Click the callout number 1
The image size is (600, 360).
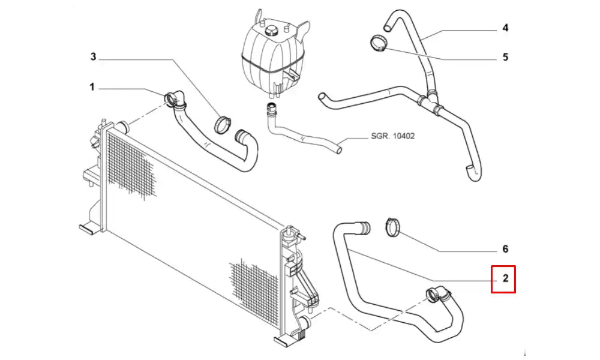click(x=92, y=88)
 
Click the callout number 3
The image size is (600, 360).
click(x=94, y=57)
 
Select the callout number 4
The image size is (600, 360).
click(x=505, y=28)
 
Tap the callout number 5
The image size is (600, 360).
click(x=505, y=58)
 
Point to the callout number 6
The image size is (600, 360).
click(x=505, y=248)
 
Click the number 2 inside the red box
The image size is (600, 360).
click(x=505, y=278)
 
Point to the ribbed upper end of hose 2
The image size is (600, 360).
click(x=362, y=227)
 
